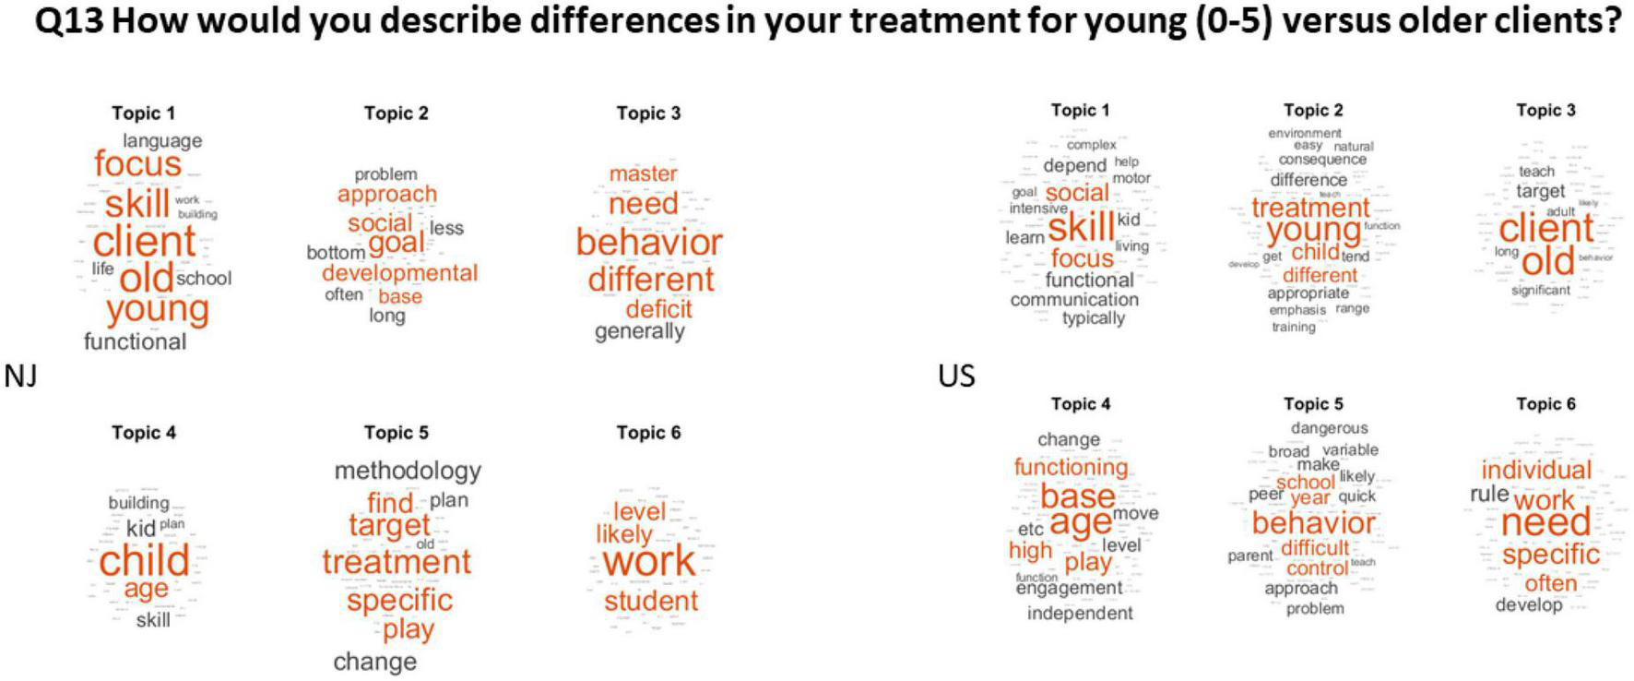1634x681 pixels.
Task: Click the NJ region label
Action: (x=20, y=376)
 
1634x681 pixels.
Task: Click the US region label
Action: (x=956, y=376)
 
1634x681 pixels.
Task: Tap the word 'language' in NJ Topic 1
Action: (x=162, y=140)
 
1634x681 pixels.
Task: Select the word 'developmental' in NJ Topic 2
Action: (x=399, y=273)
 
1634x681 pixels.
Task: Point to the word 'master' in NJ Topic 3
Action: (x=643, y=173)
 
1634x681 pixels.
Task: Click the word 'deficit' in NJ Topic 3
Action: (x=657, y=308)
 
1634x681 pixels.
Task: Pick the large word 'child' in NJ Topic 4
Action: (x=144, y=561)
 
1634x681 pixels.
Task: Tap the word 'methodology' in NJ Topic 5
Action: (x=408, y=471)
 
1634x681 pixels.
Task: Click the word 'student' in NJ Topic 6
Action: (x=651, y=602)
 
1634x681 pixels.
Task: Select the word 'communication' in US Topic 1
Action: (x=1074, y=299)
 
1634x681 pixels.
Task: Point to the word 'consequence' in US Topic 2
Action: (x=1322, y=160)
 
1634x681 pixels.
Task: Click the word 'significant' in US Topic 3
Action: (x=1540, y=290)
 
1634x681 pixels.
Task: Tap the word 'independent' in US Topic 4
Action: (x=1080, y=613)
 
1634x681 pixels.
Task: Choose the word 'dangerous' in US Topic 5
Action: (x=1329, y=428)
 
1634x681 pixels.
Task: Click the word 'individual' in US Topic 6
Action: (x=1536, y=470)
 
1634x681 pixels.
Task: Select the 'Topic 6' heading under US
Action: (x=1545, y=404)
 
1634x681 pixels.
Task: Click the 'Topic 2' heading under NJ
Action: (x=396, y=113)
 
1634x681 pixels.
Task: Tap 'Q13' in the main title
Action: (x=69, y=20)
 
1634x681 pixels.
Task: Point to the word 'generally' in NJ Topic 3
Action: (x=639, y=331)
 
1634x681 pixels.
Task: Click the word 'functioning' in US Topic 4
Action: (x=1071, y=467)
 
